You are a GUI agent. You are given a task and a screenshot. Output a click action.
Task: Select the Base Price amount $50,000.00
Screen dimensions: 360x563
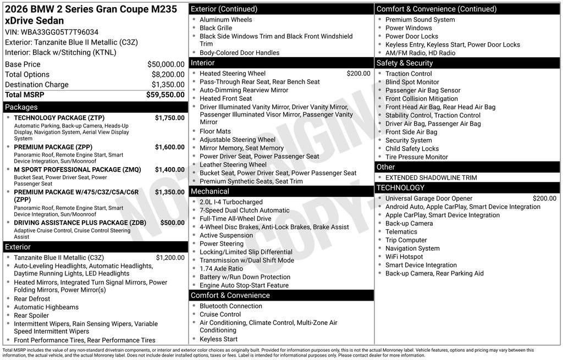(x=165, y=64)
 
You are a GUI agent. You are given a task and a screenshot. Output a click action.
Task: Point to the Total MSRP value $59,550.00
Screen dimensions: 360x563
(x=165, y=95)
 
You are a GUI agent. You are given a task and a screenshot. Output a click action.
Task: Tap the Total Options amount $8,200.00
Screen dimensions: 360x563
(x=168, y=74)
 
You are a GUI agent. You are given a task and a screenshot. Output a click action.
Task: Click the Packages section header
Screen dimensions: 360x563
(x=21, y=107)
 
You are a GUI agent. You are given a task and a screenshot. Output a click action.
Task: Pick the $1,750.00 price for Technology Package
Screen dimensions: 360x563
(x=169, y=118)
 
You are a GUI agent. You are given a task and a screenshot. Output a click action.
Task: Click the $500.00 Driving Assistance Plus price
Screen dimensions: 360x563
(x=172, y=223)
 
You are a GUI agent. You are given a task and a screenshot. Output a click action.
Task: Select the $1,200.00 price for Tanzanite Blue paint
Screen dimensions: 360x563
(x=170, y=257)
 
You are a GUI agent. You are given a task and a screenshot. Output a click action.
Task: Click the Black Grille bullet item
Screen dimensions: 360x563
(x=216, y=28)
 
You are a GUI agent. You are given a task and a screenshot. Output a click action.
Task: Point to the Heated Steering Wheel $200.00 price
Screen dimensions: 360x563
(x=358, y=74)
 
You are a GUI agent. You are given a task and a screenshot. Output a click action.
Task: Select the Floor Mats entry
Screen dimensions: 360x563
(x=215, y=131)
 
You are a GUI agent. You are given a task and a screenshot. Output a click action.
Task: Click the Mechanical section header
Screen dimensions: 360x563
(x=210, y=191)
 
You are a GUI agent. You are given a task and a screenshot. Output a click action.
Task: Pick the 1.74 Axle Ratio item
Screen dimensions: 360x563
(x=221, y=269)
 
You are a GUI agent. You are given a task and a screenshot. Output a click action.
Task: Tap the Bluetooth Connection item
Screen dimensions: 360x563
(x=230, y=306)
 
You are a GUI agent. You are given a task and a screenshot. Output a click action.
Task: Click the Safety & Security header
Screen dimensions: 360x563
(x=405, y=63)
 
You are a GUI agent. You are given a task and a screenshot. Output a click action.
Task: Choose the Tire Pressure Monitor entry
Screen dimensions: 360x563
(x=416, y=157)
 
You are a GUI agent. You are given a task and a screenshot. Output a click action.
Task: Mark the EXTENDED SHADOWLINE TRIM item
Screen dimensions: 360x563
(x=431, y=178)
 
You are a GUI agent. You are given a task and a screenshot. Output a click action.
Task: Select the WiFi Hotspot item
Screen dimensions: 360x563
(x=404, y=257)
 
